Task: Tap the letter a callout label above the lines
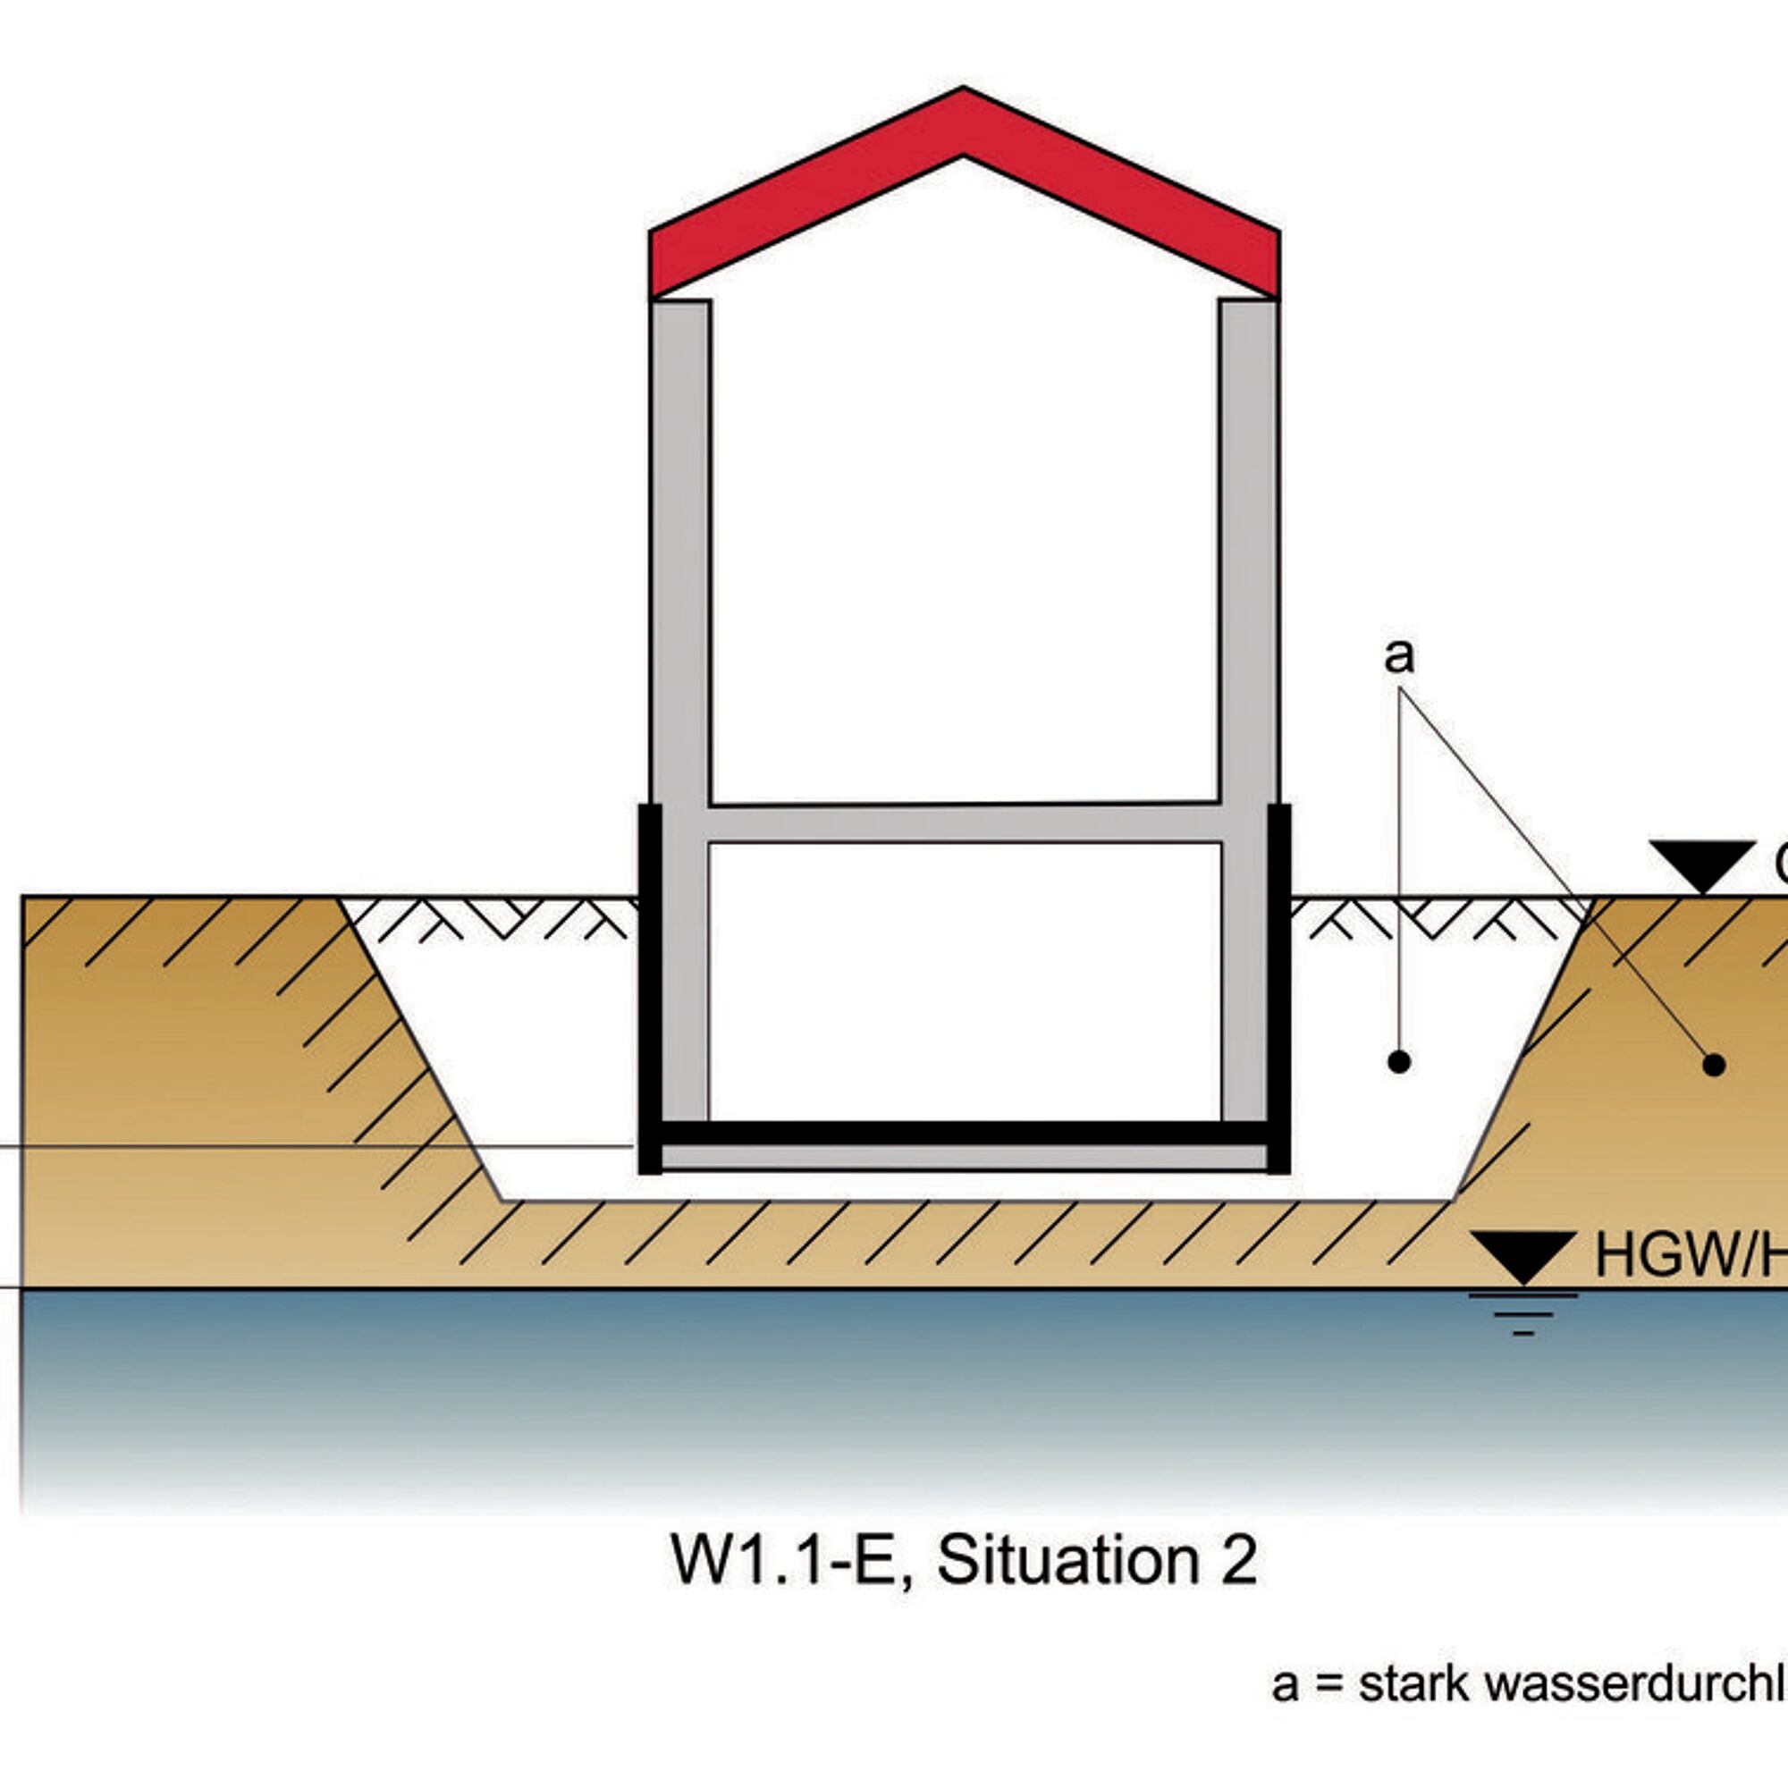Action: (1398, 656)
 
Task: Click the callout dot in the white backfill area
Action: (1399, 1062)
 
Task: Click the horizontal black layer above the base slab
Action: (963, 1133)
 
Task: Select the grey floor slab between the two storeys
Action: (963, 823)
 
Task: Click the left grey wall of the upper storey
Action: (681, 555)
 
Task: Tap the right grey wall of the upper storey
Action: (1248, 555)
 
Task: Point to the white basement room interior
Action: (963, 981)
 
